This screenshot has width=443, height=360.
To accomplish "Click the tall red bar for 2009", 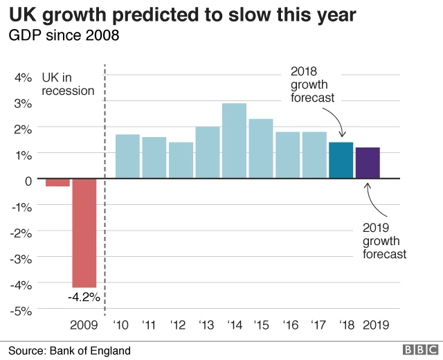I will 84,233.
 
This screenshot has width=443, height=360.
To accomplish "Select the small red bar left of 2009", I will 57,183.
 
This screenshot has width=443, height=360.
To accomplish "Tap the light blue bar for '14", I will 234,141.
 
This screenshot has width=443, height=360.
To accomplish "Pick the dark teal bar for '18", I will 341,161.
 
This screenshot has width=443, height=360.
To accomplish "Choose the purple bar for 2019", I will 368,163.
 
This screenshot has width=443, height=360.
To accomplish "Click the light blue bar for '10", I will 127,156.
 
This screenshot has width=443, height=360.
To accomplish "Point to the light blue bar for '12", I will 181,161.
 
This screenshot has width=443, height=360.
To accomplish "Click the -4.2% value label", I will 84,297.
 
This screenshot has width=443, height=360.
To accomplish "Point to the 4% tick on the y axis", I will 24,78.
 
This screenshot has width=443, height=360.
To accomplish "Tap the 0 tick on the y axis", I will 28,180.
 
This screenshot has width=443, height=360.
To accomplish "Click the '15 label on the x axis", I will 261,325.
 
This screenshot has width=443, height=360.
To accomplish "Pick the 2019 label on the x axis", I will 376,325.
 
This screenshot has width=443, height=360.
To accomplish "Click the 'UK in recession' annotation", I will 68,84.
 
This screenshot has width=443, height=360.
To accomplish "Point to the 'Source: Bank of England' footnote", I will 69,350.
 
